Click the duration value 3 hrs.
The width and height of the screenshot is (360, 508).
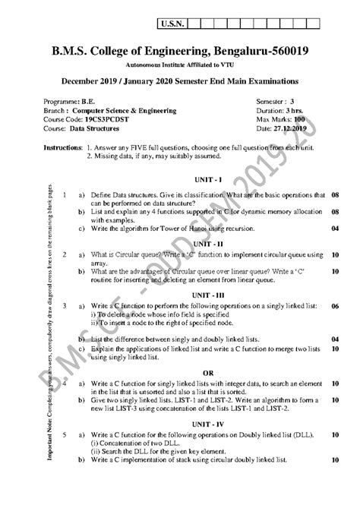308,110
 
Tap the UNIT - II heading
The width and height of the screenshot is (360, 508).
205,244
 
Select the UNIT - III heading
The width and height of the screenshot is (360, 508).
205,295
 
